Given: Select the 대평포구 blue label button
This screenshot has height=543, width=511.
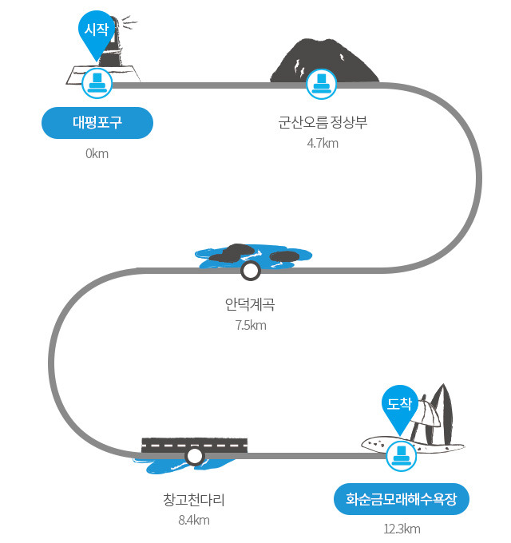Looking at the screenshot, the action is coord(97,123).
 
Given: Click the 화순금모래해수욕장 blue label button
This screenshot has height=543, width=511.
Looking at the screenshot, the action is coord(402,499).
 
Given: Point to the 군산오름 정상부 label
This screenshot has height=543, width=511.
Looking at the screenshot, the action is coord(323,122).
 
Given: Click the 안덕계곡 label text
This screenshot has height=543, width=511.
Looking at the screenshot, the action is coord(250,304).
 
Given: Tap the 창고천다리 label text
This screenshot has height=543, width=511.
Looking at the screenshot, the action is coord(194,499).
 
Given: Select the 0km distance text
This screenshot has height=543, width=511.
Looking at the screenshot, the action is coord(97,153).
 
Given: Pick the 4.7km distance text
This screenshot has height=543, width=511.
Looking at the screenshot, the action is coord(323,143).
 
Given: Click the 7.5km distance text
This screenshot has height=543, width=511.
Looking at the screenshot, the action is coord(251,325).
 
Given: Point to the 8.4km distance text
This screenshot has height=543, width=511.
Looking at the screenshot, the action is coord(194,520).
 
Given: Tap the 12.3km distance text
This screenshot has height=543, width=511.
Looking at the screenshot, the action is coord(402,529).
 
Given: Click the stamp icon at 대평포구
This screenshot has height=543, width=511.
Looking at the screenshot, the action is coord(97,84).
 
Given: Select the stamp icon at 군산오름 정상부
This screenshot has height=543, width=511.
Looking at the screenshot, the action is coord(321,84).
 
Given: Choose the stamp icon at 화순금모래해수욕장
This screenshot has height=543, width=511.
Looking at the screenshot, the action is coord(402,456).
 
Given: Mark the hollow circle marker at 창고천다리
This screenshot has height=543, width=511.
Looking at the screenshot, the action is coord(195,456).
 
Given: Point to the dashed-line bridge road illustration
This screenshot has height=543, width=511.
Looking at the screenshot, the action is coord(195,446).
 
